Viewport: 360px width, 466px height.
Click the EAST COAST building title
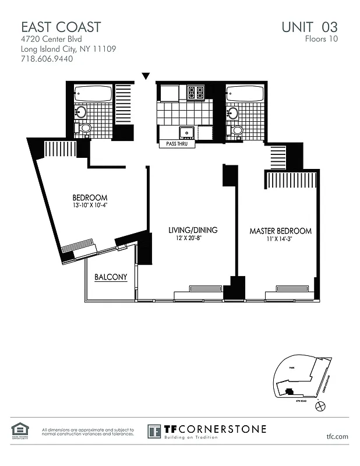click(x=61, y=27)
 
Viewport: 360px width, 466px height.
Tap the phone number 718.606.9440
click(x=47, y=59)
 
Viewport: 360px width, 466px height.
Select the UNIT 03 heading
click(x=309, y=27)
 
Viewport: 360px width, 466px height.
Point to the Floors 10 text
click(x=321, y=40)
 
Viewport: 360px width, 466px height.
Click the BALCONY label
click(x=111, y=277)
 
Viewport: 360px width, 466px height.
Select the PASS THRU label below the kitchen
click(x=178, y=143)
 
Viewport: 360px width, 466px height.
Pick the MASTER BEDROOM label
click(x=280, y=231)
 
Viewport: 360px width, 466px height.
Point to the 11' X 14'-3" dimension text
click(x=280, y=239)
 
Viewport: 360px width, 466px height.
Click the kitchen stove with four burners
click(x=196, y=93)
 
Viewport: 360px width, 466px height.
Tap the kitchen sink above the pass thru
click(x=187, y=132)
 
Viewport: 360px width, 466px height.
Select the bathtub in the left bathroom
click(x=93, y=93)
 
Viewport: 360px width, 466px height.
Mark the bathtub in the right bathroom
click(x=245, y=93)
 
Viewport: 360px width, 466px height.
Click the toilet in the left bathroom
click(x=85, y=128)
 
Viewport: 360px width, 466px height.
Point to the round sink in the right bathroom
click(x=233, y=112)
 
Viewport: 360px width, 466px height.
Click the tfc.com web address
click(x=337, y=436)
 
